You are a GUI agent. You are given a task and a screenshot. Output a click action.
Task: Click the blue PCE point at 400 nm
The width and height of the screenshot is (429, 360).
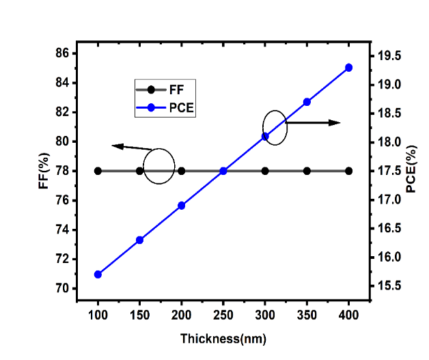[348, 68]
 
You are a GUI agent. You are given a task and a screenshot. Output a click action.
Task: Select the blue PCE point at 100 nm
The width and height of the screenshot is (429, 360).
[98, 275]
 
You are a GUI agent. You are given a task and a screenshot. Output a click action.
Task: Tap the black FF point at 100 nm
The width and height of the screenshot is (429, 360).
[98, 171]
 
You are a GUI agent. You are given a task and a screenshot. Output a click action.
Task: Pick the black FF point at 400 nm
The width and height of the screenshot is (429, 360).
[348, 171]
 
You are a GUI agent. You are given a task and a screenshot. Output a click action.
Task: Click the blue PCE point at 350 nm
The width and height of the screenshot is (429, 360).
[307, 102]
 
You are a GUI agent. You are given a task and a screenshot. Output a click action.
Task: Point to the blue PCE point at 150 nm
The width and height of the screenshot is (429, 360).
[139, 240]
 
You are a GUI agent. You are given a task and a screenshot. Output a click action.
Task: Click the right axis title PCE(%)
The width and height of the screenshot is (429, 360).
[411, 169]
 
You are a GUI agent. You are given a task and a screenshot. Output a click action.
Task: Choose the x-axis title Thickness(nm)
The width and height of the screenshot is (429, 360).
[223, 339]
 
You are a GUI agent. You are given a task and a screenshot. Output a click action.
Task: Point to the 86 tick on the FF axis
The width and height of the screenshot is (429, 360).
[61, 53]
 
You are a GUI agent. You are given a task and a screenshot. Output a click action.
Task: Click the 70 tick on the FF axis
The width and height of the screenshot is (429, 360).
[61, 288]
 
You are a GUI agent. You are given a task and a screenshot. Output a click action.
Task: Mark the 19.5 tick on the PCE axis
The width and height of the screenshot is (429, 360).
[383, 55]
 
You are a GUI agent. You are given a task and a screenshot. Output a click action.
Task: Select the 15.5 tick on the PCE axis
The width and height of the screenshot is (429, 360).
[383, 286]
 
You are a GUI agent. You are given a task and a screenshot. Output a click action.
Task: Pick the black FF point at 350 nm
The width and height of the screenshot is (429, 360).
[307, 171]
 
